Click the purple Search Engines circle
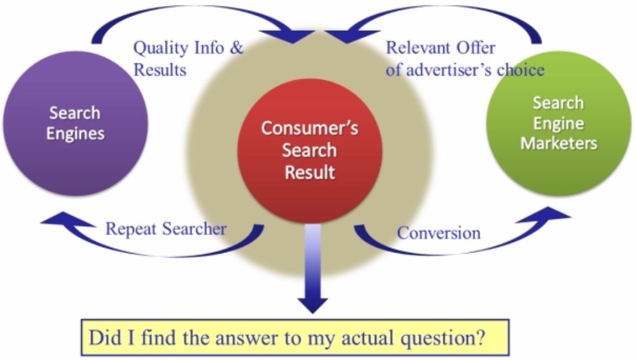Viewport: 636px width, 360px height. [76, 123]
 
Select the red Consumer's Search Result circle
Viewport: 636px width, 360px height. [309, 151]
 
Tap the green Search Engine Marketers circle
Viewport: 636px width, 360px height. [559, 123]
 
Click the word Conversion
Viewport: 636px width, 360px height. [439, 233]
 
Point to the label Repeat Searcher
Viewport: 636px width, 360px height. [166, 229]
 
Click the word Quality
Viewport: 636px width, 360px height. [162, 48]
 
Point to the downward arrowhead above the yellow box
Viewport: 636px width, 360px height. [313, 305]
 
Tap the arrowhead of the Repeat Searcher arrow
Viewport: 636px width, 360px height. [67, 220]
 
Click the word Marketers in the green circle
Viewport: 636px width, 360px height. [559, 143]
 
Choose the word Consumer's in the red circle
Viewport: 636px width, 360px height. [309, 129]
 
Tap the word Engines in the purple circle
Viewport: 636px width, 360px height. [76, 134]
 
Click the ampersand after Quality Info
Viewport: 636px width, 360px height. [237, 48]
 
